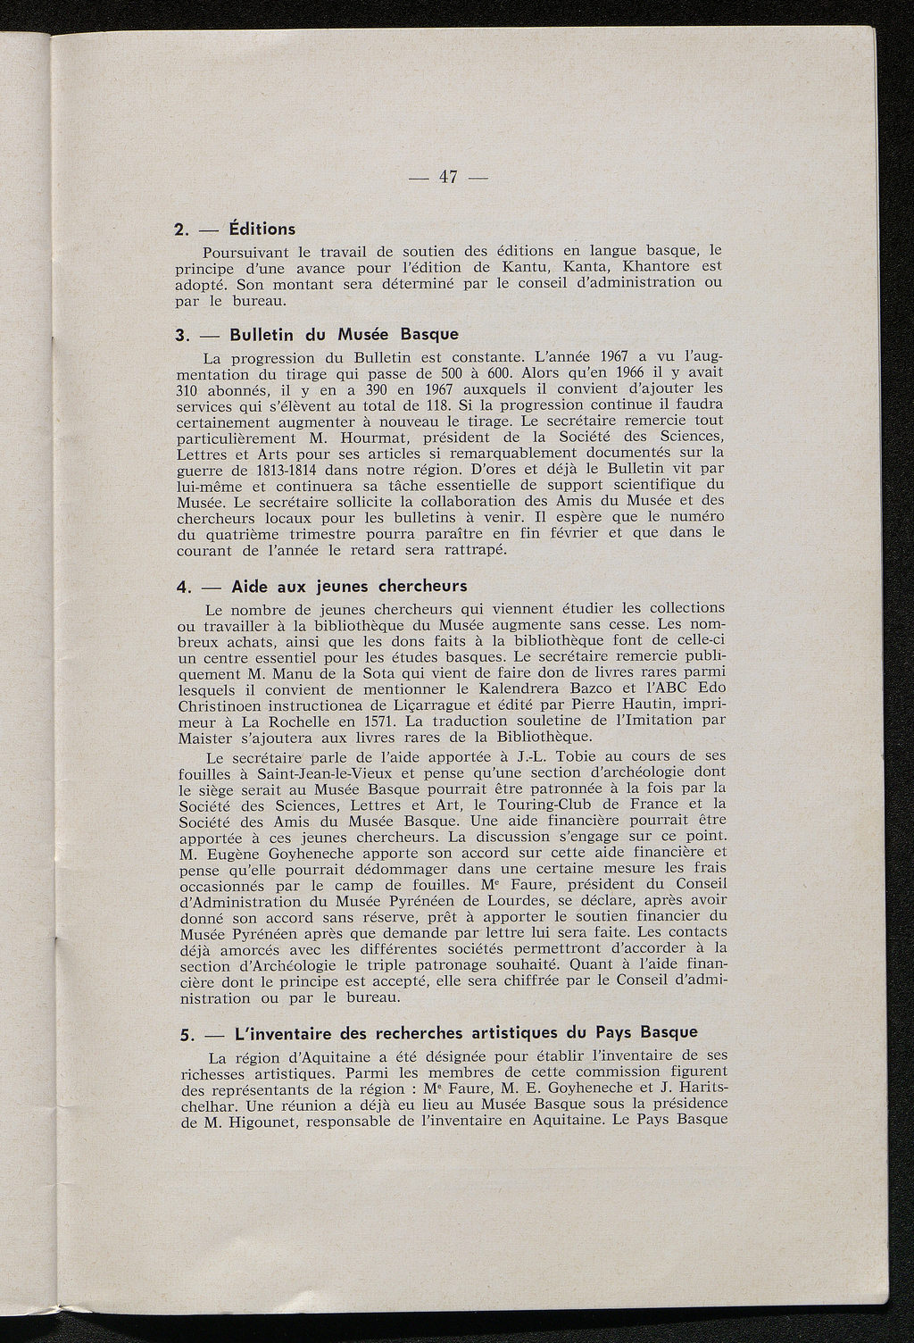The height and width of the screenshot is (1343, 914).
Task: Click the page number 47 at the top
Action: pyautogui.click(x=448, y=177)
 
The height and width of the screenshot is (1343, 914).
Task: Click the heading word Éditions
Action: pyautogui.click(x=262, y=229)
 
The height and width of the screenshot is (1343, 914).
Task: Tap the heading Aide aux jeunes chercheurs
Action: pyautogui.click(x=349, y=587)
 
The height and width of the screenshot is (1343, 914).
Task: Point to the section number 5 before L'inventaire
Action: pyautogui.click(x=186, y=1034)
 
